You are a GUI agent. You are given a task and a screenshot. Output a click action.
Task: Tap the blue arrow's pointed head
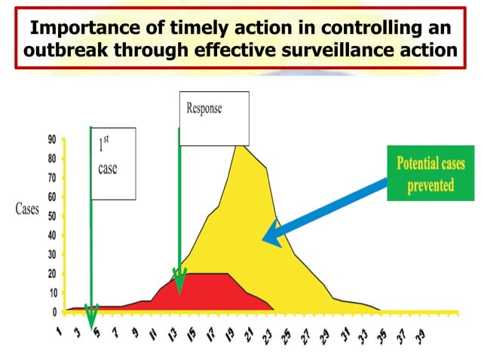point(268,238)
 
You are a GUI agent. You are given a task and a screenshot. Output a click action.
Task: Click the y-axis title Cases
point(27,209)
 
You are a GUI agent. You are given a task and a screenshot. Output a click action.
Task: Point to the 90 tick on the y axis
point(52,139)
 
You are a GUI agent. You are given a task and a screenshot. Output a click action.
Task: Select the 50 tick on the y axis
point(52,216)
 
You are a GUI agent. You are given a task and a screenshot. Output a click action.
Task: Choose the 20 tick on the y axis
point(52,273)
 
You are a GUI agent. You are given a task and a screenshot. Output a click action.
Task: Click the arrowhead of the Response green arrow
point(179,283)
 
